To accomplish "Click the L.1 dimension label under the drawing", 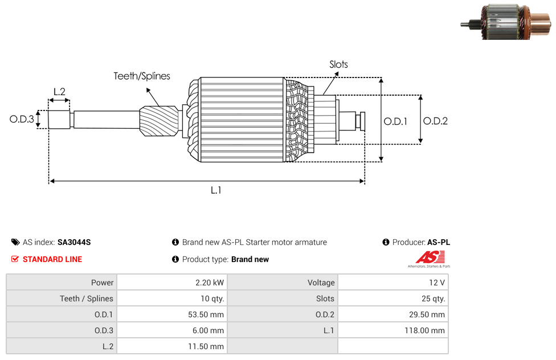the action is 216,190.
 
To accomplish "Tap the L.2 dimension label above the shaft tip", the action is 60,92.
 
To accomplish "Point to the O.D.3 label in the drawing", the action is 22,119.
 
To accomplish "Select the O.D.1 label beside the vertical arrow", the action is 395,122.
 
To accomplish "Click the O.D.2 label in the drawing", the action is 435,121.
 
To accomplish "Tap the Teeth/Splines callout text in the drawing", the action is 142,76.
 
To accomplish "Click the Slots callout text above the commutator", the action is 338,64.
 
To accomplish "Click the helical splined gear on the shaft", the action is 159,121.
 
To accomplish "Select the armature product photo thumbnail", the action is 506,22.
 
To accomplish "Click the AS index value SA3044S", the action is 74,242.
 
